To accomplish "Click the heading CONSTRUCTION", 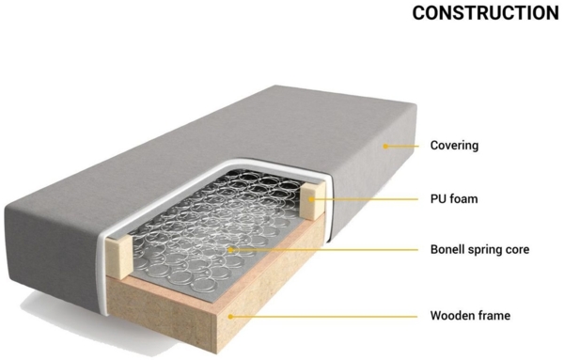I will pos(485,13).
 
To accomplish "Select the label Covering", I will pos(454,146).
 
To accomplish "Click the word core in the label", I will pos(528,250).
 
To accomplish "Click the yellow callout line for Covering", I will pos(401,146).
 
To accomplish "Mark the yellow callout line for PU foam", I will pos(367,198).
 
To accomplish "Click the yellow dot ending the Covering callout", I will pos(384,146).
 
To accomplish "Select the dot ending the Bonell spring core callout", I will pos(232,250).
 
